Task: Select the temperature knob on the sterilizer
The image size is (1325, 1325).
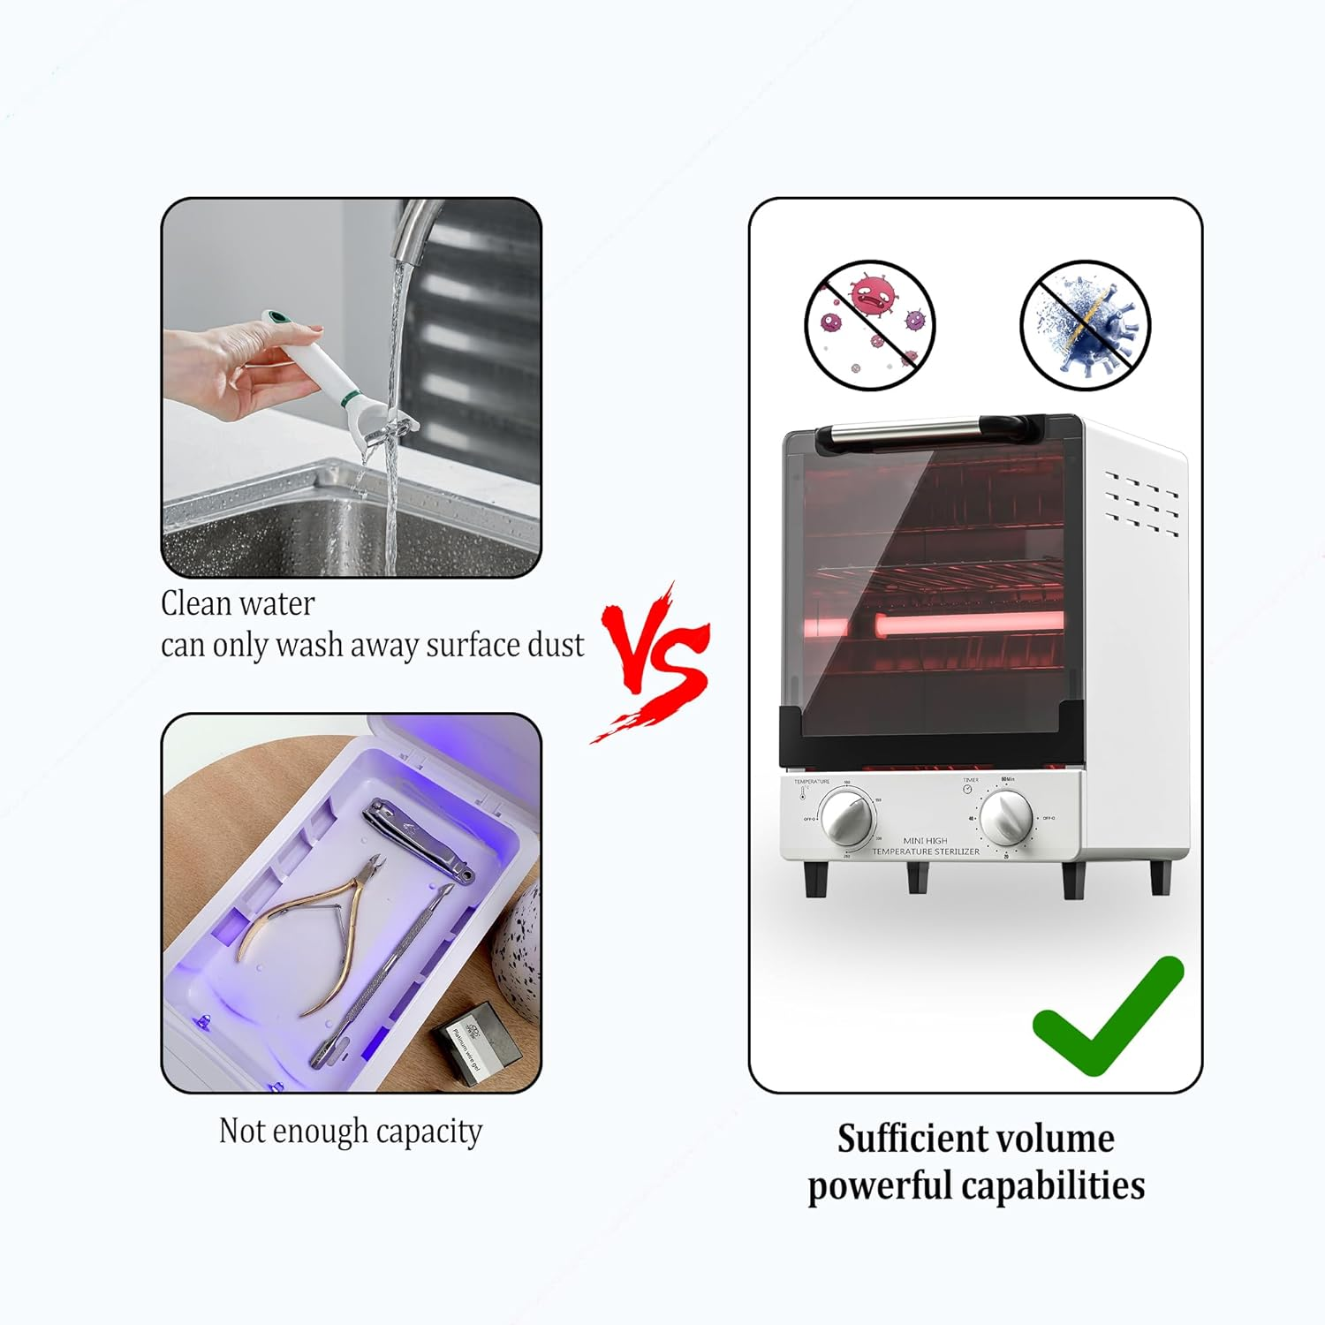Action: tap(847, 817)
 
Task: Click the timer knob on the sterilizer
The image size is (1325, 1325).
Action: tap(1006, 817)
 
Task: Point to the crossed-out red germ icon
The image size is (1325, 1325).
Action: tap(869, 325)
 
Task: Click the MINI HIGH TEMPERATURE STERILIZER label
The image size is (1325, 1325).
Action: tap(925, 846)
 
